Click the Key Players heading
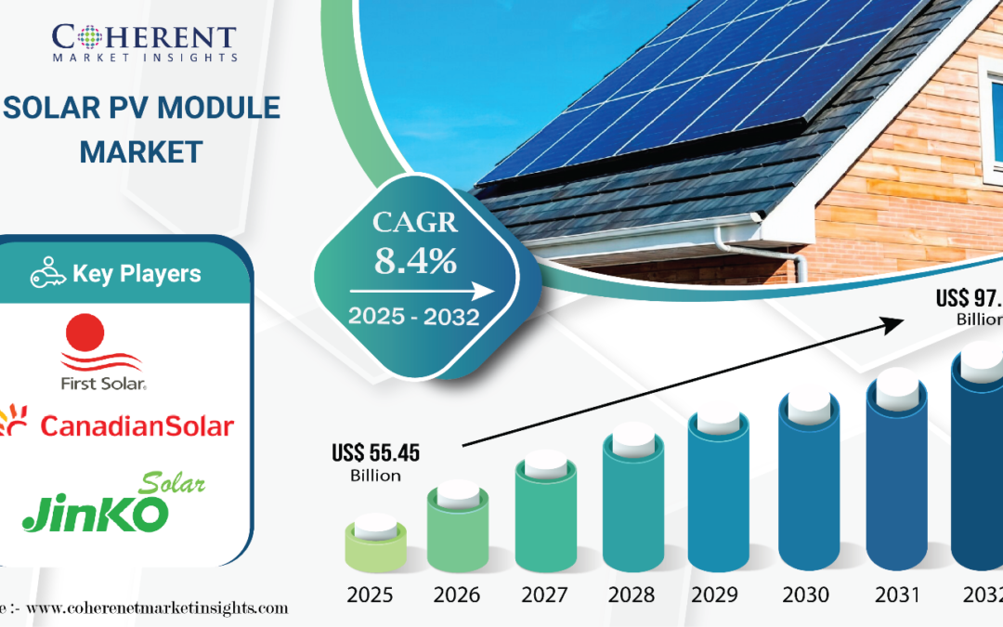coord(137,274)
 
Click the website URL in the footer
coord(153,608)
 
